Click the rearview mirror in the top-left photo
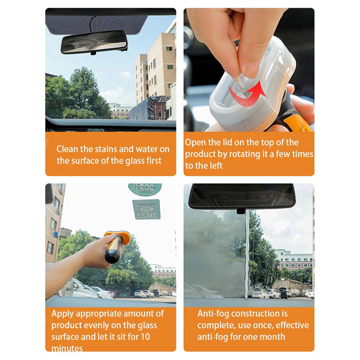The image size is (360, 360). (x=94, y=41)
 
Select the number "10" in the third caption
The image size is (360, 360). (x=145, y=337)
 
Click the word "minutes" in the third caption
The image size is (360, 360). (x=67, y=348)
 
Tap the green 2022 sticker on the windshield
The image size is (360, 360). (x=146, y=210)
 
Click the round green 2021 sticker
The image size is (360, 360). (x=145, y=187)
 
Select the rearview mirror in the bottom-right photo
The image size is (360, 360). (x=242, y=197)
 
